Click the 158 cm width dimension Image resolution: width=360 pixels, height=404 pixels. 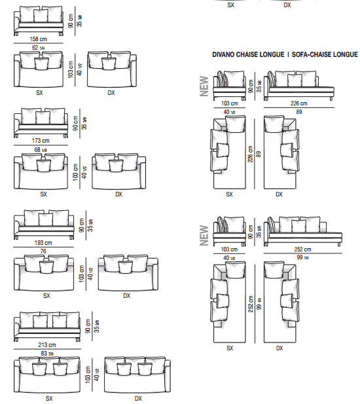pyautogui.click(x=39, y=39)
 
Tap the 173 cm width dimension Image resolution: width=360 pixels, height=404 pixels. pyautogui.click(x=41, y=141)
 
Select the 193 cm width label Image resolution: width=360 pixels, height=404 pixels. pyautogui.click(x=43, y=243)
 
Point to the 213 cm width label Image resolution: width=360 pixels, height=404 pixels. pyautogui.click(x=47, y=344)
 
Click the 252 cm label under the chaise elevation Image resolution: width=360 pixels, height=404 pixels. pyautogui.click(x=302, y=249)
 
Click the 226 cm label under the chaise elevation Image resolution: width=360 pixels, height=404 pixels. pyautogui.click(x=298, y=103)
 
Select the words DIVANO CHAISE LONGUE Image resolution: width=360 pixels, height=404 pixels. pyautogui.click(x=248, y=54)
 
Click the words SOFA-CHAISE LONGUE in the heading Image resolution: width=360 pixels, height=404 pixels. pyautogui.click(x=325, y=54)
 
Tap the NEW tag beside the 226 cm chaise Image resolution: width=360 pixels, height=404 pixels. pyautogui.click(x=204, y=86)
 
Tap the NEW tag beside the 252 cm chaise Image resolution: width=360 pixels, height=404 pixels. pyautogui.click(x=204, y=236)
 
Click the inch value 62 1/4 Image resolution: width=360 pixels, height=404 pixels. pyautogui.click(x=39, y=48)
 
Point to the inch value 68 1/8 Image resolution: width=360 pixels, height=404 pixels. pyautogui.click(x=41, y=150)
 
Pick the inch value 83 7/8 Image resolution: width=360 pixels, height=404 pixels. pyautogui.click(x=47, y=354)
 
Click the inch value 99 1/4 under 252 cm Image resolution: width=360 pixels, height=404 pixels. pyautogui.click(x=302, y=257)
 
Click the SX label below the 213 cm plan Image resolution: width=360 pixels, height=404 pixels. pyautogui.click(x=49, y=399)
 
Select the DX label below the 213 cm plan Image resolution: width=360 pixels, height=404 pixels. pyautogui.click(x=138, y=399)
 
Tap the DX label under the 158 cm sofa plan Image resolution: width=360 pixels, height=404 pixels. pyautogui.click(x=111, y=93)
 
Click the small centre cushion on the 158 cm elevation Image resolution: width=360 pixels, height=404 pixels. pyautogui.click(x=41, y=16)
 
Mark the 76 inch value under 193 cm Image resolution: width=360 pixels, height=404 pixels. pyautogui.click(x=43, y=251)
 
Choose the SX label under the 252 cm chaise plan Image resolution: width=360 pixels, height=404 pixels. pyautogui.click(x=230, y=348)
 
